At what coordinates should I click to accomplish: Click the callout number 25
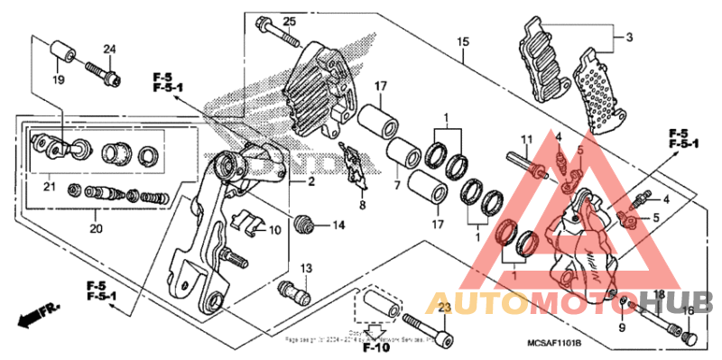289,21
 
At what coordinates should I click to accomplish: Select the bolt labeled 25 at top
276,31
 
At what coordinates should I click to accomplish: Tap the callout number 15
464,42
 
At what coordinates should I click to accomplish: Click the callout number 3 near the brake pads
629,37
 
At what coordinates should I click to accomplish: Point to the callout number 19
57,80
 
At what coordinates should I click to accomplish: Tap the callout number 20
97,228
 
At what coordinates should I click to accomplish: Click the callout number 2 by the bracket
310,182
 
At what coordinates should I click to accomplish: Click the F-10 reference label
375,346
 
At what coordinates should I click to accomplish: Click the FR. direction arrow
36,315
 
